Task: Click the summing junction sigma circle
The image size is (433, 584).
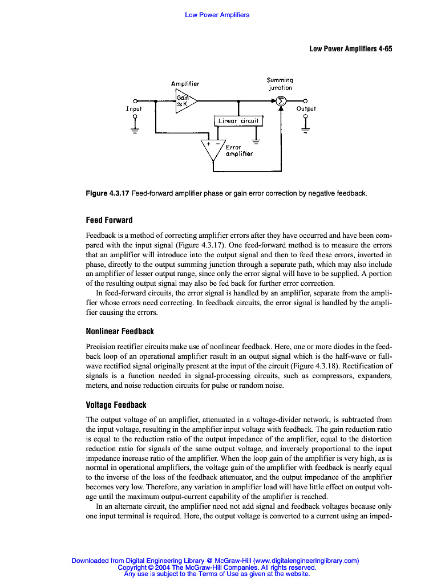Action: pyautogui.click(x=281, y=101)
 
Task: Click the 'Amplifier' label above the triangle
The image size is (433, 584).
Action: pyautogui.click(x=185, y=84)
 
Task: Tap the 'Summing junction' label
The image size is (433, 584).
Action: pyautogui.click(x=280, y=84)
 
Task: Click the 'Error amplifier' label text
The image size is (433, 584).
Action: pyautogui.click(x=239, y=151)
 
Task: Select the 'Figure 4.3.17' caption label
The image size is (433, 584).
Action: pyautogui.click(x=107, y=194)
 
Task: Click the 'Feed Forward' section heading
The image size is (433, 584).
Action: pyautogui.click(x=109, y=220)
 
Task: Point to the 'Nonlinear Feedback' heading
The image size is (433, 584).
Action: pyautogui.click(x=120, y=331)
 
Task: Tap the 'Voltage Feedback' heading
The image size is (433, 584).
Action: pyautogui.click(x=116, y=405)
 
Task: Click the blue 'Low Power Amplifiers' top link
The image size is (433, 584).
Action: pyautogui.click(x=217, y=15)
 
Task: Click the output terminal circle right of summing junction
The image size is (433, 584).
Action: pyautogui.click(x=306, y=101)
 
